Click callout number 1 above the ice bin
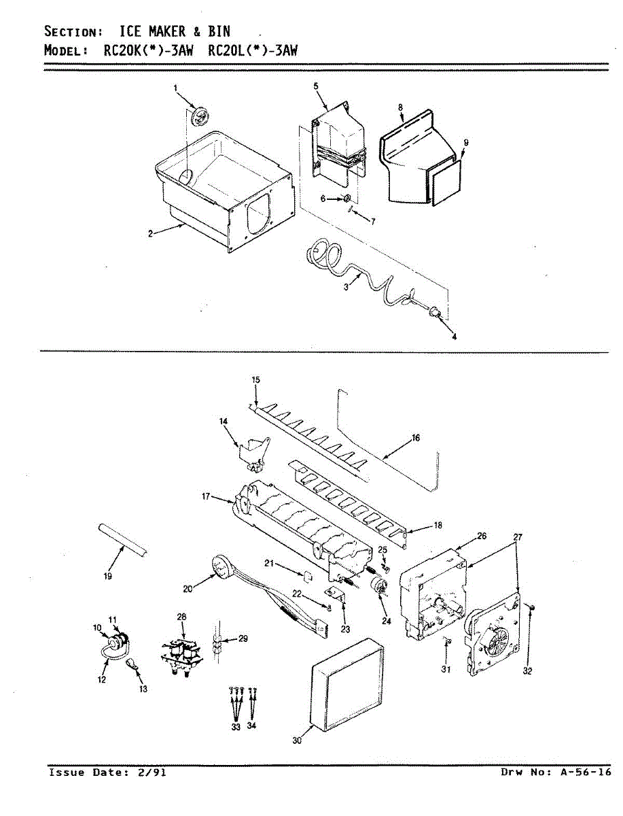tap(175, 88)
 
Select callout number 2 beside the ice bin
tap(149, 234)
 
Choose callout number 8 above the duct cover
tap(401, 107)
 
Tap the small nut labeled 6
tap(346, 199)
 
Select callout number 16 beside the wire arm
tap(415, 438)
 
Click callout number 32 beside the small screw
tap(527, 671)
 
